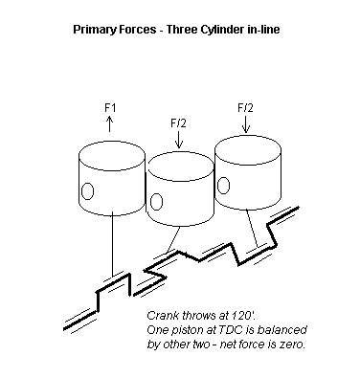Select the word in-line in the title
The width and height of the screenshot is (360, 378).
click(x=263, y=30)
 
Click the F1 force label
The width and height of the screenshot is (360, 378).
click(x=110, y=108)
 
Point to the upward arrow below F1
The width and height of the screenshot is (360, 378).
click(x=109, y=123)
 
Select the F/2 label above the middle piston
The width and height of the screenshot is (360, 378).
click(x=178, y=123)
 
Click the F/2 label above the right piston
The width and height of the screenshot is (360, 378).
click(x=245, y=108)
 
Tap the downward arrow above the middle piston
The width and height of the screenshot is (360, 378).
click(x=179, y=140)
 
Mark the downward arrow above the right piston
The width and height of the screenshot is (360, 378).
click(x=246, y=124)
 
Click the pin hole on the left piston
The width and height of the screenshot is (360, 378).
click(x=87, y=191)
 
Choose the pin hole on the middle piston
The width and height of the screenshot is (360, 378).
click(x=156, y=202)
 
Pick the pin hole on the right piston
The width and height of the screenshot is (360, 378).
click(x=223, y=186)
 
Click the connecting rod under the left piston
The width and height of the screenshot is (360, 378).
click(x=112, y=245)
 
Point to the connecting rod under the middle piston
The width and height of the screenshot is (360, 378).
click(x=173, y=239)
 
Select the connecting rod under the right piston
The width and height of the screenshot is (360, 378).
click(x=252, y=229)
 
